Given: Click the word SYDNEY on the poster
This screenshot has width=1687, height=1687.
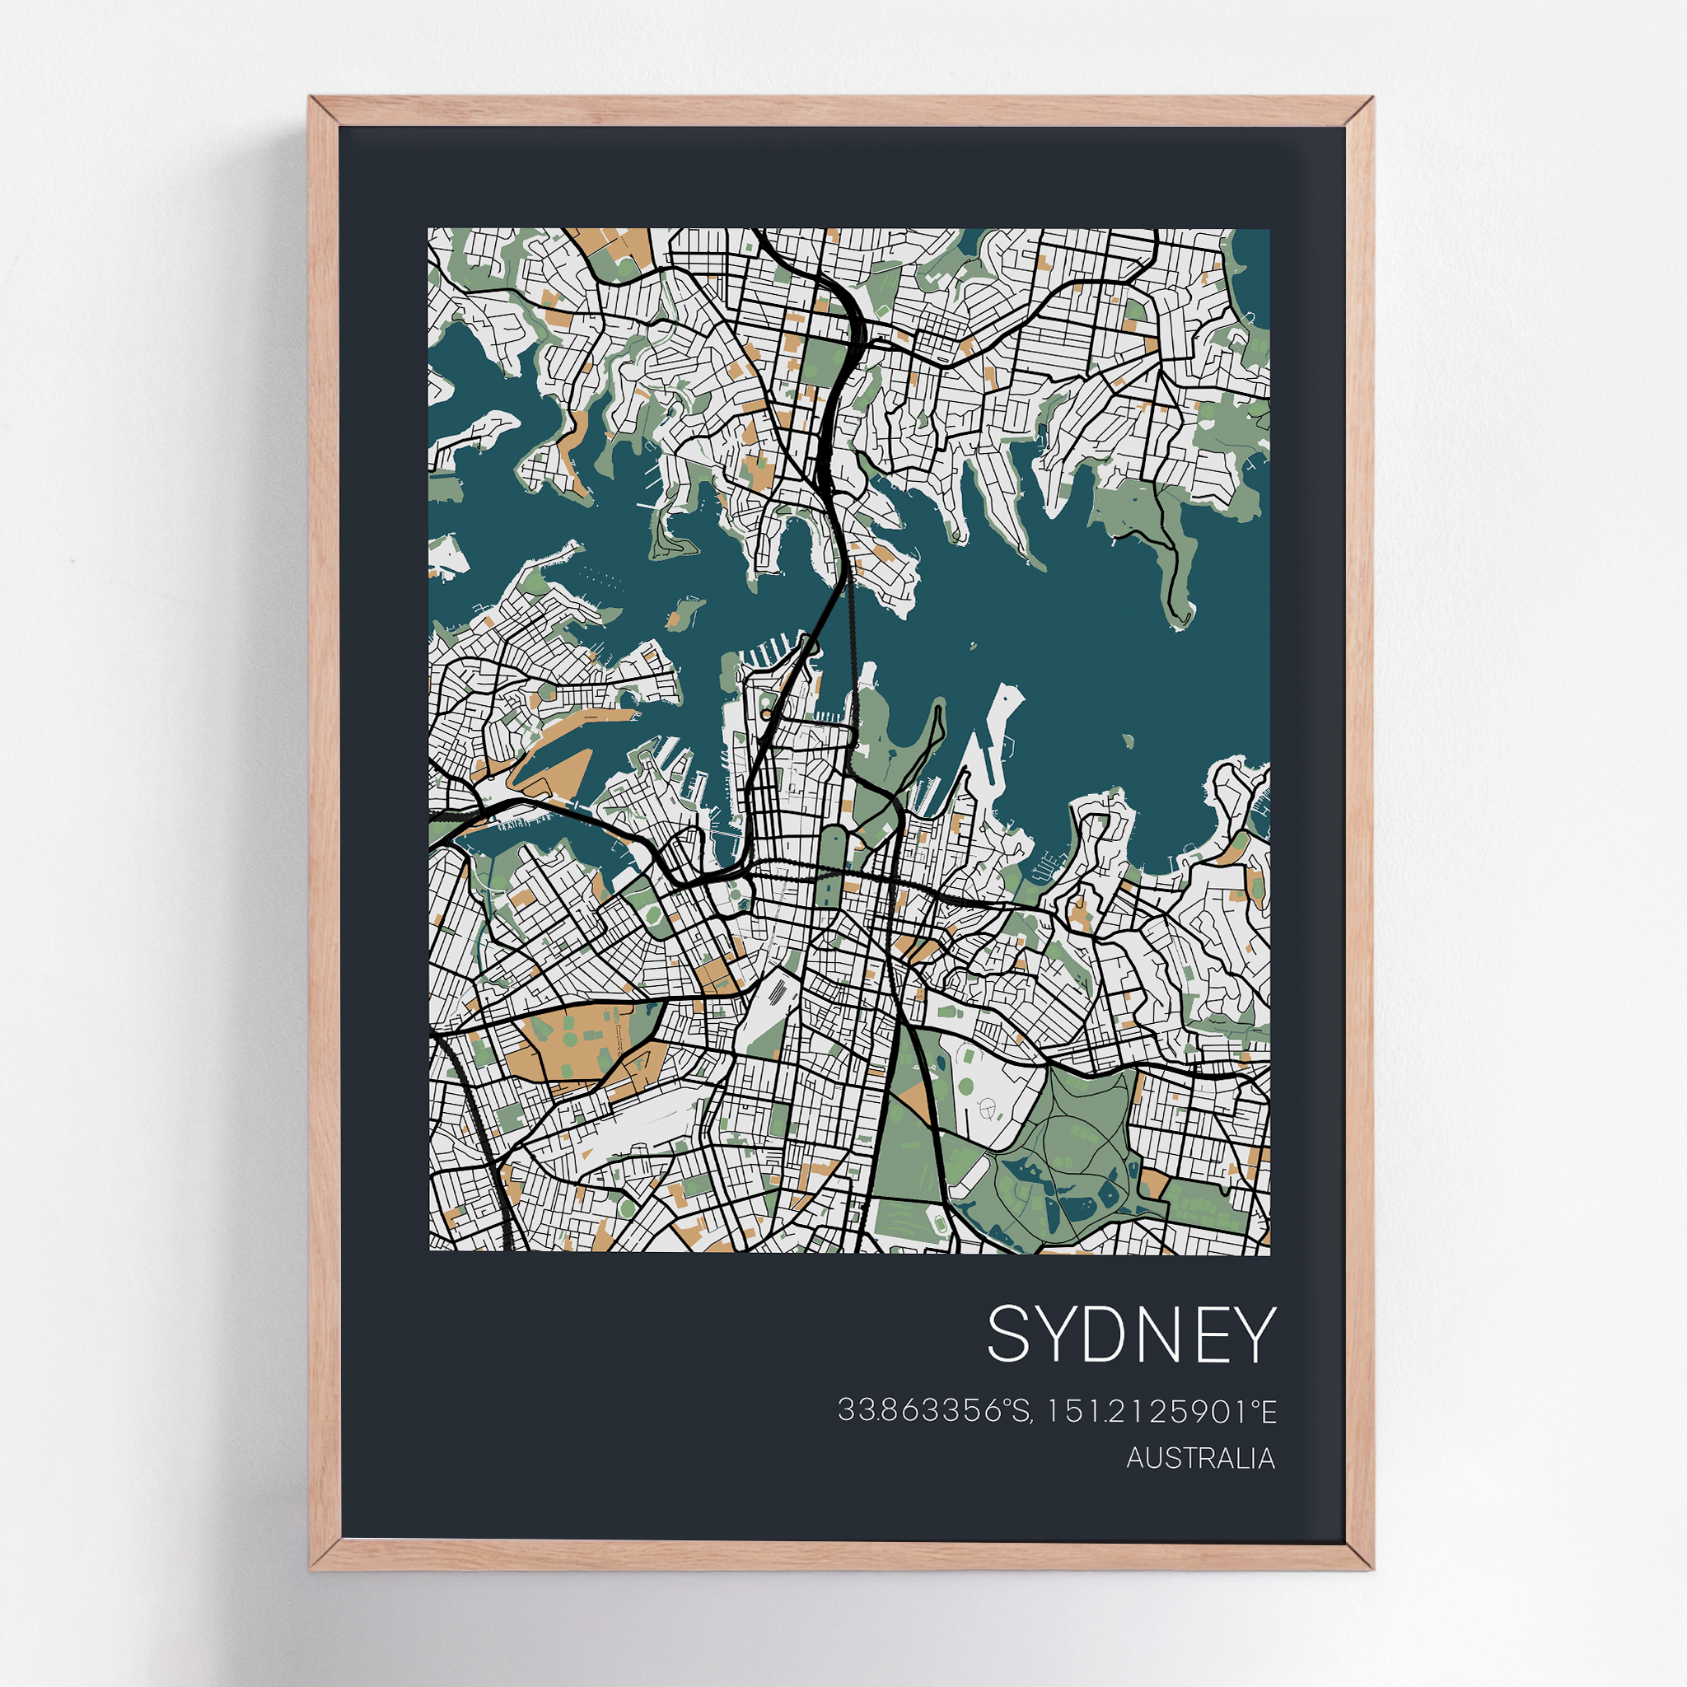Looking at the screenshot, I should tap(1132, 1334).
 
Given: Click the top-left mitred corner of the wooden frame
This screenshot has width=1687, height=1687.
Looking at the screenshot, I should tap(323, 111).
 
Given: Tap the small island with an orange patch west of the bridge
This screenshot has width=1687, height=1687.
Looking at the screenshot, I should tap(684, 612).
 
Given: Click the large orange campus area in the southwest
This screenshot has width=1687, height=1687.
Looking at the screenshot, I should tap(558, 1048).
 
